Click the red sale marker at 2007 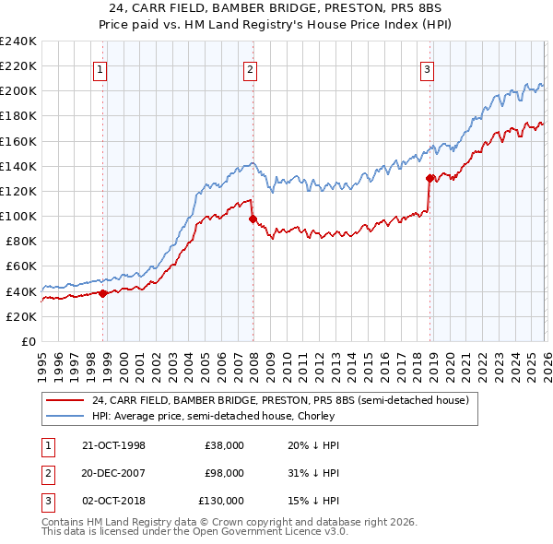point(253,219)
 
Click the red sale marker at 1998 point(103,293)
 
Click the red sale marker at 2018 point(429,178)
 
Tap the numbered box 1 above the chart point(100,67)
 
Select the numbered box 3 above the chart point(428,67)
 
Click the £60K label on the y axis point(21,266)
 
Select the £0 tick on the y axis point(28,341)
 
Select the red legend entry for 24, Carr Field point(281,400)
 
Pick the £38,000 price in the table point(224,445)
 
